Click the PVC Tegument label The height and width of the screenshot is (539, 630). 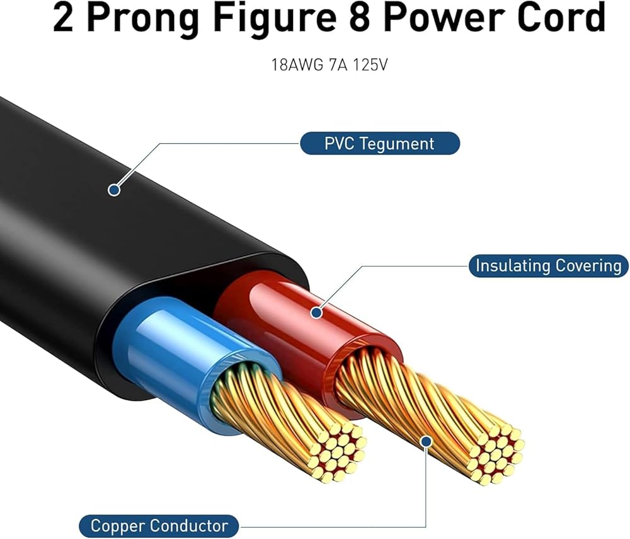tap(380, 144)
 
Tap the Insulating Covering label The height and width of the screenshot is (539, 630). tap(549, 265)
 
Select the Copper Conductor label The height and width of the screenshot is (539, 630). tap(159, 526)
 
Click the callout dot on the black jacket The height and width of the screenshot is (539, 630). tap(115, 190)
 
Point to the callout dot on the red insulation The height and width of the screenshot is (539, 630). tap(317, 312)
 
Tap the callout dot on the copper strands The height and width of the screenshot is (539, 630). tap(427, 442)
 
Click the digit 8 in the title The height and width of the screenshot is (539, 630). tap(360, 18)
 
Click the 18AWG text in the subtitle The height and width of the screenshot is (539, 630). tap(297, 65)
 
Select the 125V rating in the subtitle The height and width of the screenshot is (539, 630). tap(370, 65)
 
